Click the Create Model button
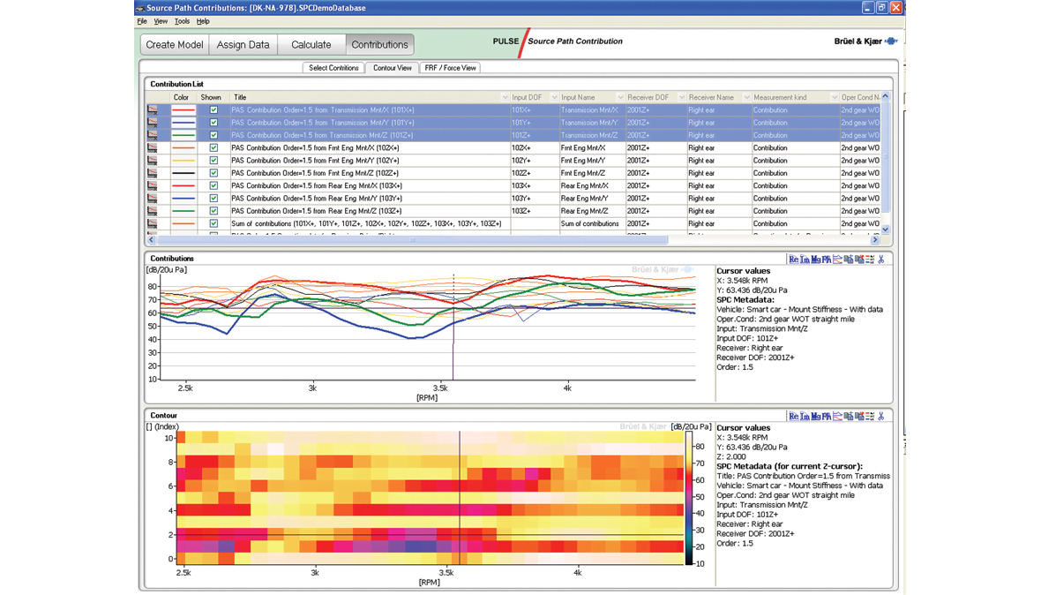tap(175, 44)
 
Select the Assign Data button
tap(243, 44)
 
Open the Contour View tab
tap(392, 68)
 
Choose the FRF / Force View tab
tap(450, 68)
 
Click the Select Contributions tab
tap(333, 68)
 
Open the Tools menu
tap(182, 21)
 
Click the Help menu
tap(203, 21)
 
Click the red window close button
tap(896, 8)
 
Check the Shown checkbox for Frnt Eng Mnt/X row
tap(213, 148)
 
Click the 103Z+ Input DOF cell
tap(520, 211)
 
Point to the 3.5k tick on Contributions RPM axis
tap(440, 388)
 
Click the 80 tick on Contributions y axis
tap(153, 286)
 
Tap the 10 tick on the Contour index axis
tap(169, 438)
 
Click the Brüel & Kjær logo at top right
tap(865, 41)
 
